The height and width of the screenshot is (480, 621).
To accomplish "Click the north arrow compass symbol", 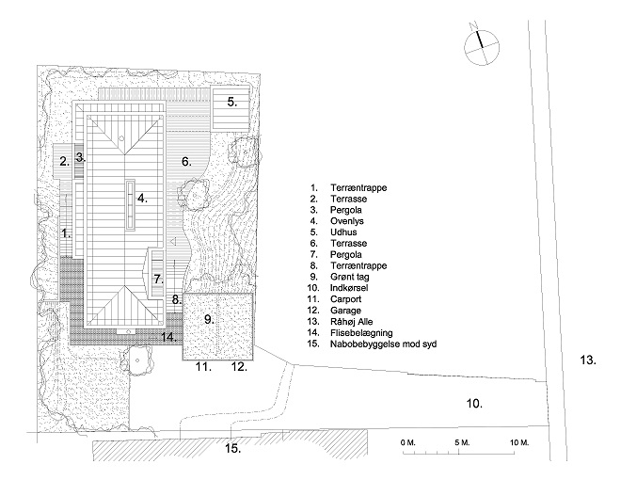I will (480, 44).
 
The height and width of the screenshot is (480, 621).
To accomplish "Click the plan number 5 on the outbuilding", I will (231, 100).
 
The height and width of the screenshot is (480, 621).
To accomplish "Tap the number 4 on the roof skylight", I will (142, 199).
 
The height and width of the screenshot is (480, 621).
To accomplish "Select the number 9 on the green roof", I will (209, 319).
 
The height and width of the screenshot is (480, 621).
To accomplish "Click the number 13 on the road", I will (587, 360).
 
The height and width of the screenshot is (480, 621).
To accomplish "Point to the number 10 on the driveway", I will (474, 403).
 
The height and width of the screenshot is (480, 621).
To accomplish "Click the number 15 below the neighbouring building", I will (232, 449).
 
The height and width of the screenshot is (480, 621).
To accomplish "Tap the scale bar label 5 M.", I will (461, 441).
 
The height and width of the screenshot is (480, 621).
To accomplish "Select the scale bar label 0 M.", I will (407, 441).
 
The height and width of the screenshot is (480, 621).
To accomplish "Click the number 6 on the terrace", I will (186, 161).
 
